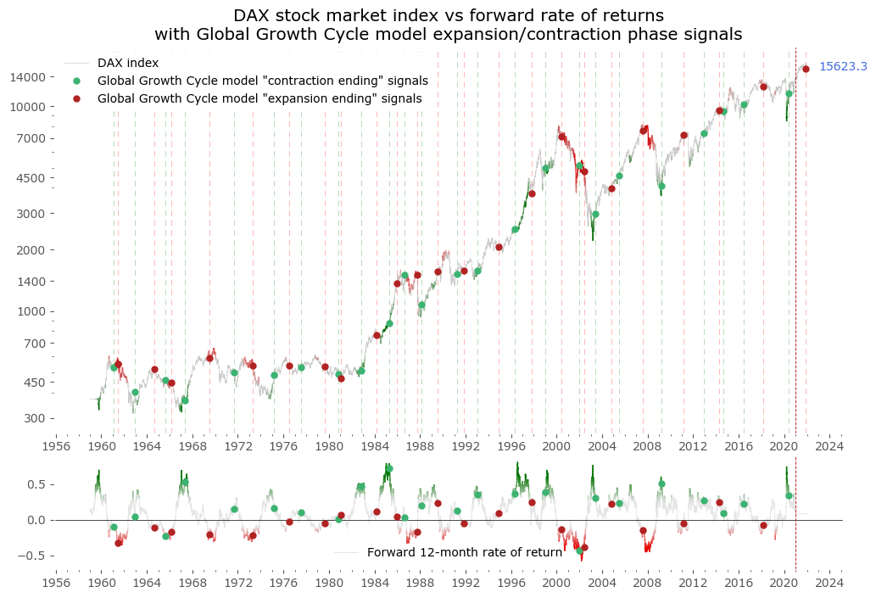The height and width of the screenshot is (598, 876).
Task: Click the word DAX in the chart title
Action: pyautogui.click(x=253, y=15)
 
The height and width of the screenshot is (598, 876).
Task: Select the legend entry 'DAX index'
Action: pyautogui.click(x=127, y=63)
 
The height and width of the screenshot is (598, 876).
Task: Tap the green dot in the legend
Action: pyautogui.click(x=76, y=81)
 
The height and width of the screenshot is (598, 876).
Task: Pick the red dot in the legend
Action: pyautogui.click(x=76, y=98)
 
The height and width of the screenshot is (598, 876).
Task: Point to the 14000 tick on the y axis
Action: pyautogui.click(x=27, y=77)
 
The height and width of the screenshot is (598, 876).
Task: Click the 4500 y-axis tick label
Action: pyautogui.click(x=31, y=178)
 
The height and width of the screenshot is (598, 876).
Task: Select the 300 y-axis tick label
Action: pyautogui.click(x=34, y=418)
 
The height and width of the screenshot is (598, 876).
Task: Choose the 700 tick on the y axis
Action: pyautogui.click(x=34, y=344)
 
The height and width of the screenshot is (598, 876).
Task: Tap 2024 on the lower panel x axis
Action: pyautogui.click(x=829, y=584)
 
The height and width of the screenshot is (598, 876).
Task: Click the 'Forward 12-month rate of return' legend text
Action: pyautogui.click(x=464, y=552)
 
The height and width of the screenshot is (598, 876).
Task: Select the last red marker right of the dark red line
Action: pyautogui.click(x=806, y=69)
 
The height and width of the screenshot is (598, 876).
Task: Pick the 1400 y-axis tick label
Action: pyautogui.click(x=31, y=282)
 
